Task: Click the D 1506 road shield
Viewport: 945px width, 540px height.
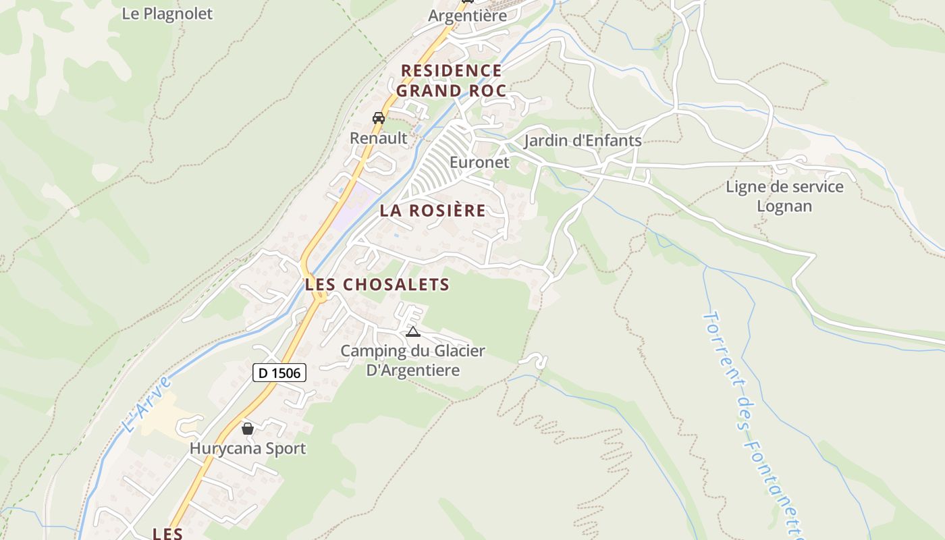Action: point(279,372)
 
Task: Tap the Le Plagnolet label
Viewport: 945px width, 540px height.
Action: point(167,13)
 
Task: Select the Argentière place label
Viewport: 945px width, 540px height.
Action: point(467,16)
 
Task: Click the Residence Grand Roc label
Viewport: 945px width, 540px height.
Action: point(451,80)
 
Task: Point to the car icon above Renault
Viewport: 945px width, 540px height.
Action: point(379,118)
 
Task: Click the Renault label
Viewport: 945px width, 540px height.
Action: point(379,138)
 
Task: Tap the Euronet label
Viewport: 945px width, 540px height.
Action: point(479,163)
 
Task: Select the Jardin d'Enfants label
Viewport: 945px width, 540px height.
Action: point(583,141)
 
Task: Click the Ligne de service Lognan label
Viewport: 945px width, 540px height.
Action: point(784,196)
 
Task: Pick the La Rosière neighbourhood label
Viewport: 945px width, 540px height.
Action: point(433,211)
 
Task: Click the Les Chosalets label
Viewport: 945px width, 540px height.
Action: point(377,285)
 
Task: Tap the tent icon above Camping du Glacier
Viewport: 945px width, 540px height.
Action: point(413,331)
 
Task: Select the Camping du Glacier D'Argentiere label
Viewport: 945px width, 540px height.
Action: point(412,360)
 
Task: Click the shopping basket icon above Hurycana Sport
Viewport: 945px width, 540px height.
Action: point(248,429)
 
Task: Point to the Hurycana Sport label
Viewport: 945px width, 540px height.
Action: point(248,448)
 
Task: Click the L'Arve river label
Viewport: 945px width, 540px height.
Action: point(148,405)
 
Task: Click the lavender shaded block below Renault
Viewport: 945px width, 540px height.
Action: point(354,205)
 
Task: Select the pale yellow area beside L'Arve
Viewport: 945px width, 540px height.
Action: point(162,415)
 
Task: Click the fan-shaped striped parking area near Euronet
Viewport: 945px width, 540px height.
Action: point(439,162)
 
